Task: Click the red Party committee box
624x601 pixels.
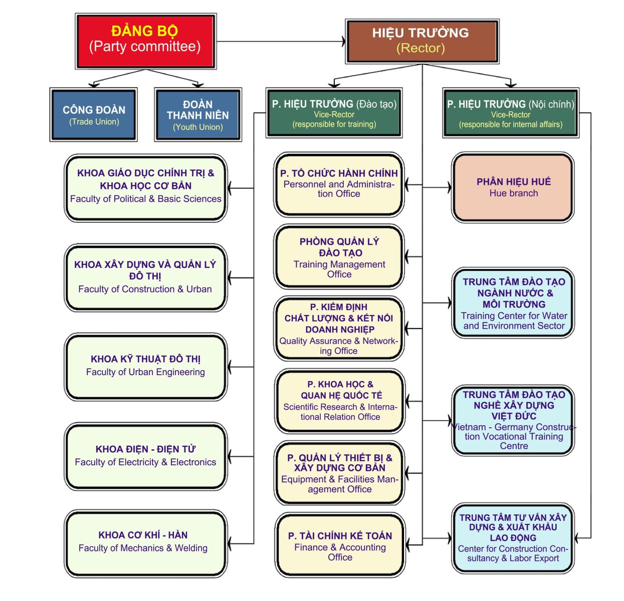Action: [x=145, y=41]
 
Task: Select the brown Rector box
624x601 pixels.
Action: [x=422, y=41]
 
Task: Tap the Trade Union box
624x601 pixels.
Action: [x=93, y=114]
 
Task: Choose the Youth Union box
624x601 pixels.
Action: [x=198, y=114]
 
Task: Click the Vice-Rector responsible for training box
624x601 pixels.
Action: [x=334, y=113]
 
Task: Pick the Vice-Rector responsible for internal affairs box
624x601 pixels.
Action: [x=511, y=113]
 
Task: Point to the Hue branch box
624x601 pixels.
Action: [x=512, y=187]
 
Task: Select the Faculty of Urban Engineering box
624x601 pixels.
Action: [x=145, y=367]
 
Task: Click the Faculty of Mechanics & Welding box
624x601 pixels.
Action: [x=145, y=544]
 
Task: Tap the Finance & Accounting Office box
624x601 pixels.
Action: [x=340, y=545]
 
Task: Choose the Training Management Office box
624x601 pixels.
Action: [x=339, y=256]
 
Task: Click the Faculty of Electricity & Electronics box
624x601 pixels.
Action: [x=145, y=456]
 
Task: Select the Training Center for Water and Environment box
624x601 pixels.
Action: [x=512, y=303]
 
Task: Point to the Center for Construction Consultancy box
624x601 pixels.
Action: [x=512, y=538]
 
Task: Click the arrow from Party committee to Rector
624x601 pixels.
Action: [x=281, y=42]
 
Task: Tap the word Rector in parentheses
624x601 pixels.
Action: [x=421, y=48]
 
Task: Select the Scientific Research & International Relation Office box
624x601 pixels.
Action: [x=340, y=401]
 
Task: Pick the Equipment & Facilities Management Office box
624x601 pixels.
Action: [x=339, y=473]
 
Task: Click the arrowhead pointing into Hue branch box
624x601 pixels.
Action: [x=450, y=187]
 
